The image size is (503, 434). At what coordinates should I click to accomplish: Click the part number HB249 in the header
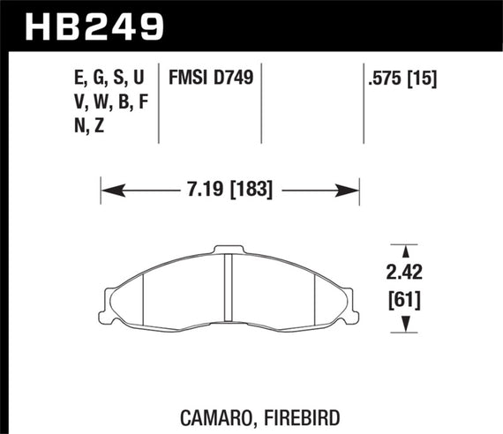87,26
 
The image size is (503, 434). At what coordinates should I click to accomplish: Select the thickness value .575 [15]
403,79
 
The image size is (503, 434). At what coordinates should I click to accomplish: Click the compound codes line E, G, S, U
109,79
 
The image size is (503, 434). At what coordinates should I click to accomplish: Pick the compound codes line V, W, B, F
109,103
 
